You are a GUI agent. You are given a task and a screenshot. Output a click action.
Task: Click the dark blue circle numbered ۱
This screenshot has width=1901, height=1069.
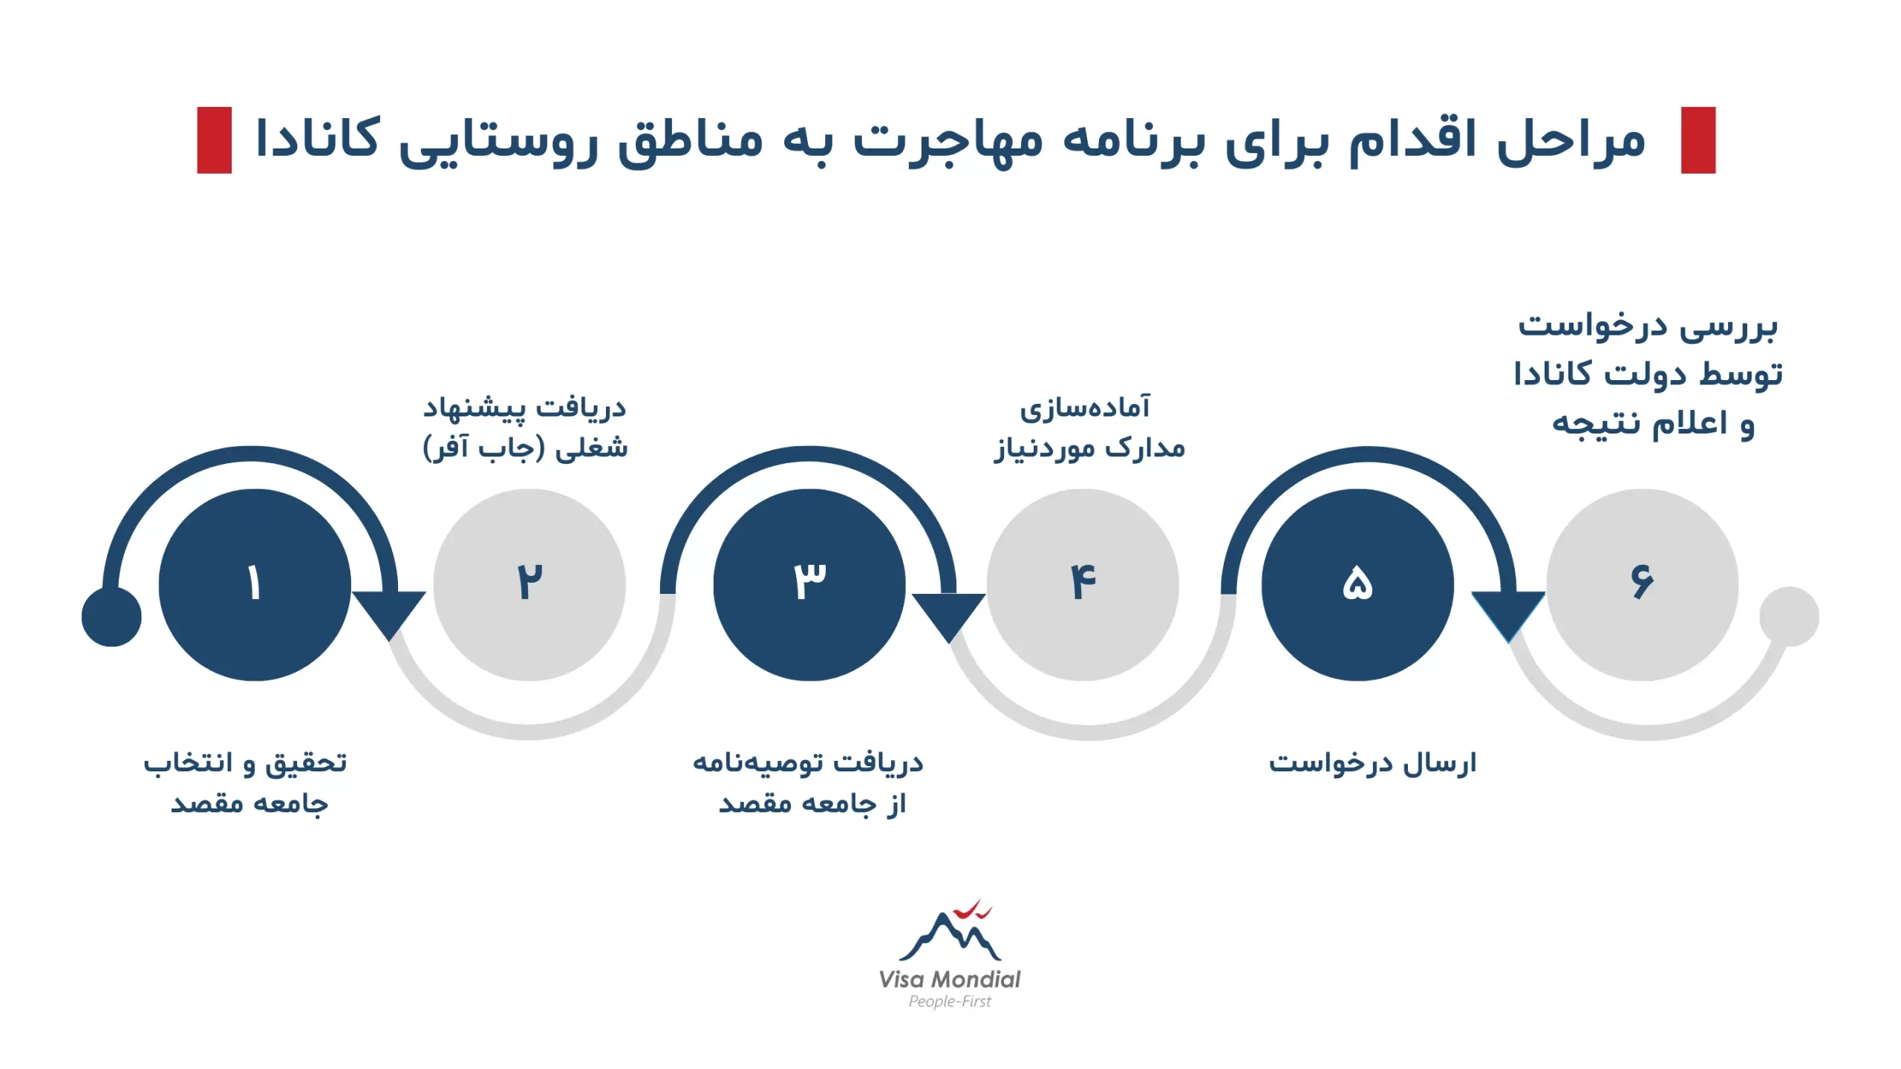pyautogui.click(x=255, y=585)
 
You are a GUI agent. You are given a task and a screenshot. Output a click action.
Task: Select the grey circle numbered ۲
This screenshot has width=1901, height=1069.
pyautogui.click(x=529, y=585)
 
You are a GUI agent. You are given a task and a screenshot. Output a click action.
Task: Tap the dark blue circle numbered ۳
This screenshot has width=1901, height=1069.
pyautogui.click(x=809, y=585)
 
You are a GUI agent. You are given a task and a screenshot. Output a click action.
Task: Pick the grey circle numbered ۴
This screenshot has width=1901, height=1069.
pyautogui.click(x=1083, y=585)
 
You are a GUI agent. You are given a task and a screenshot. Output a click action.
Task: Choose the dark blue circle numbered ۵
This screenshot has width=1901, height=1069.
pyautogui.click(x=1357, y=585)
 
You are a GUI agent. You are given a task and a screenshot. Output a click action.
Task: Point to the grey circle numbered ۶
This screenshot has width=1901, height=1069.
pyautogui.click(x=1643, y=585)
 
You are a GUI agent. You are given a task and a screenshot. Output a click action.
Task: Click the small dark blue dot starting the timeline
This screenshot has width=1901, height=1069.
pyautogui.click(x=111, y=617)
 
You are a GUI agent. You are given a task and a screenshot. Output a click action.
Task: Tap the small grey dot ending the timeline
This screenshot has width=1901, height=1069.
pyautogui.click(x=1790, y=617)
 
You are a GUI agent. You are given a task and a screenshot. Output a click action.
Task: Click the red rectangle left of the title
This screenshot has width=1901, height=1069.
pyautogui.click(x=215, y=140)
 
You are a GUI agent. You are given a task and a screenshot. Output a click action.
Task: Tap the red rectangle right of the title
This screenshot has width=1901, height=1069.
pyautogui.click(x=1698, y=140)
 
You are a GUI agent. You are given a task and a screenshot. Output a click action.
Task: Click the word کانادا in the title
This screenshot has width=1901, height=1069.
pyautogui.click(x=317, y=138)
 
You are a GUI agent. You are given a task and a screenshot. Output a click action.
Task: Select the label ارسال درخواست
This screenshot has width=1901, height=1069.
pyautogui.click(x=1372, y=763)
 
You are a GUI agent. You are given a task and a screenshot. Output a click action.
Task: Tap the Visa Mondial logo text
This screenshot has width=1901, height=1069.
pyautogui.click(x=950, y=979)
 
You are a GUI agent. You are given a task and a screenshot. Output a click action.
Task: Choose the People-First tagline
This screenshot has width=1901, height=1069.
pyautogui.click(x=950, y=1001)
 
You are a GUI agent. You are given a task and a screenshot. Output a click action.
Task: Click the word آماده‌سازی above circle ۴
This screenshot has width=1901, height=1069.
pyautogui.click(x=1085, y=408)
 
